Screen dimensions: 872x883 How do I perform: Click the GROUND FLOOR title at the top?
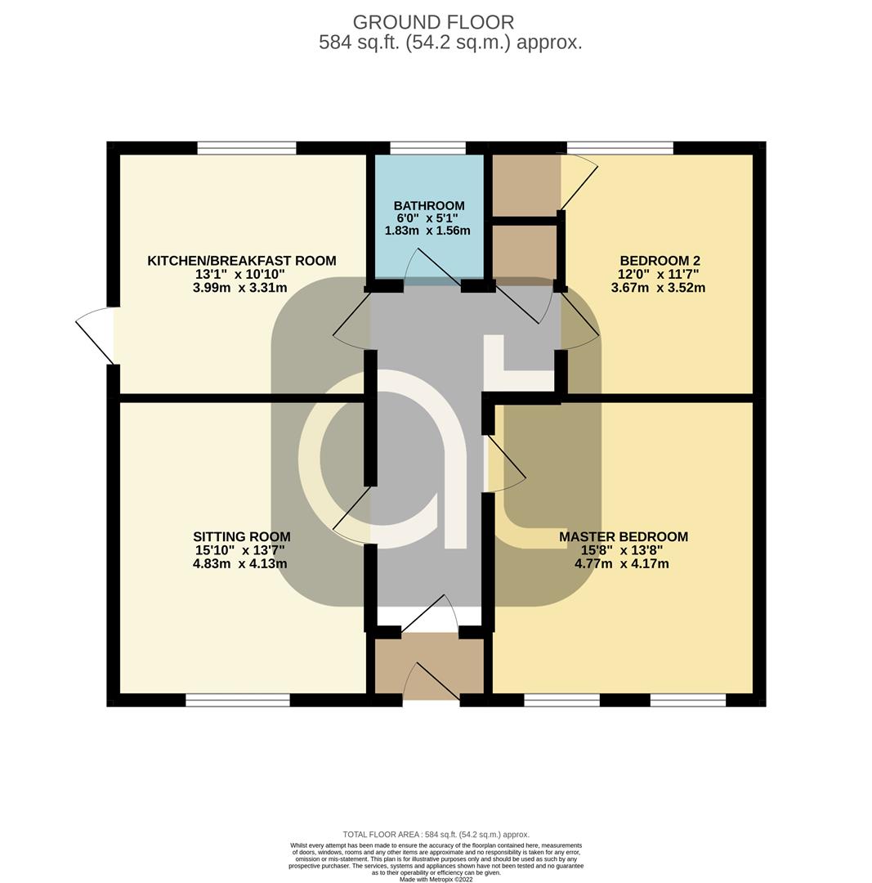coord(433,23)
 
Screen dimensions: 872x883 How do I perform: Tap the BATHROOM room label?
coord(429,205)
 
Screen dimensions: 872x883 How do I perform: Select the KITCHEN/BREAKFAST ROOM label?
coord(242,261)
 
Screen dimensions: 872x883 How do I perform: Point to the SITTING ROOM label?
coord(242,536)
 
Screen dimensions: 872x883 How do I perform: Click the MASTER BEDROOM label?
coord(624,536)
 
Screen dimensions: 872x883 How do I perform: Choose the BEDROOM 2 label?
coord(660,261)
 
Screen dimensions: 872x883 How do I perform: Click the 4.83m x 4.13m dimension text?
coord(239,563)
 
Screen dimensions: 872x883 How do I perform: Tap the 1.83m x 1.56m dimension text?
coord(427,231)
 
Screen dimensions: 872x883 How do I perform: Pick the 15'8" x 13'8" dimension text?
coord(622,550)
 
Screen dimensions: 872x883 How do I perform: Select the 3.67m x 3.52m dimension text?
coord(658,288)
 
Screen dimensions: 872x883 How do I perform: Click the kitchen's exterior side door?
coord(96,336)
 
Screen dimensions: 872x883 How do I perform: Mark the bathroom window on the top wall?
coord(428,147)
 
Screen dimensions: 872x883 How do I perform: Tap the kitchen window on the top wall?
coord(247,147)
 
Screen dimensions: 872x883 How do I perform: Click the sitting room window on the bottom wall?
coord(238,700)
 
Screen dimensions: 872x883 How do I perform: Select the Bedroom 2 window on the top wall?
coord(619,147)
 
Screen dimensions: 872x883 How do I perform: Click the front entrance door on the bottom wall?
coord(432,681)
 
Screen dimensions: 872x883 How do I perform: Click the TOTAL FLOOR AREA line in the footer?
coord(436,835)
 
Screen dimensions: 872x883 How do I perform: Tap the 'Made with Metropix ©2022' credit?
coord(436,878)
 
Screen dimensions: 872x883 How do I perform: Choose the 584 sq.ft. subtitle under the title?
coord(450,43)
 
